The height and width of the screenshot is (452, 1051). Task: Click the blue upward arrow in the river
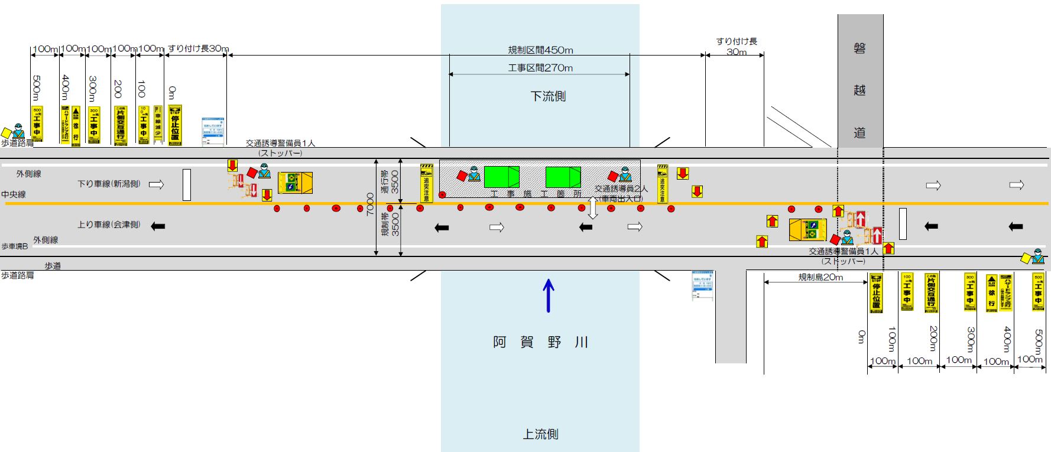pyautogui.click(x=549, y=295)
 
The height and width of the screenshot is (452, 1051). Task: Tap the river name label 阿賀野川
pyautogui.click(x=540, y=342)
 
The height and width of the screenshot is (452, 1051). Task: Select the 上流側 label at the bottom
pyautogui.click(x=540, y=434)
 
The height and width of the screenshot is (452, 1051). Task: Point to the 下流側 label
pyautogui.click(x=548, y=96)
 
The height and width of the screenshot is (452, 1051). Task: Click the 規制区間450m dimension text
pyautogui.click(x=540, y=50)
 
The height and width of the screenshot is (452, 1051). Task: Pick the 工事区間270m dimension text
pyautogui.click(x=540, y=68)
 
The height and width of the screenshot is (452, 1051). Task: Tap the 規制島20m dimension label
pyautogui.click(x=820, y=277)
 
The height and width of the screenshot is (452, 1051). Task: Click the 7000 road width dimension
pyautogui.click(x=371, y=204)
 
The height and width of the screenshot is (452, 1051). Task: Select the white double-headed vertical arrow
pyautogui.click(x=592, y=208)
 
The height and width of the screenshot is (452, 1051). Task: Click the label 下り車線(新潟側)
pyautogui.click(x=109, y=184)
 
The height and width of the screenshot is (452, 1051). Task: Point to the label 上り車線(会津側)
pyautogui.click(x=109, y=225)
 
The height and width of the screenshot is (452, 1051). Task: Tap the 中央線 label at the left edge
pyautogui.click(x=14, y=194)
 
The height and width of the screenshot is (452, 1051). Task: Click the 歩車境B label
pyautogui.click(x=15, y=246)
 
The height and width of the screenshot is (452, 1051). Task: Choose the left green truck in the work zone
pyautogui.click(x=501, y=177)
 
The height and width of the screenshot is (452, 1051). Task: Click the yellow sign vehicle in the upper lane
pyautogui.click(x=295, y=183)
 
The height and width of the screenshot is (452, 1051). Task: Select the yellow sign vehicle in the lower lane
pyautogui.click(x=807, y=230)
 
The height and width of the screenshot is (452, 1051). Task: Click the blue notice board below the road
pyautogui.click(x=703, y=285)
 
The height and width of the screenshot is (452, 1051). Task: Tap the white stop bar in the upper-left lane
pyautogui.click(x=187, y=185)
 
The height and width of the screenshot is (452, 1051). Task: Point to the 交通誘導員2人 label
pyautogui.click(x=621, y=188)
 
